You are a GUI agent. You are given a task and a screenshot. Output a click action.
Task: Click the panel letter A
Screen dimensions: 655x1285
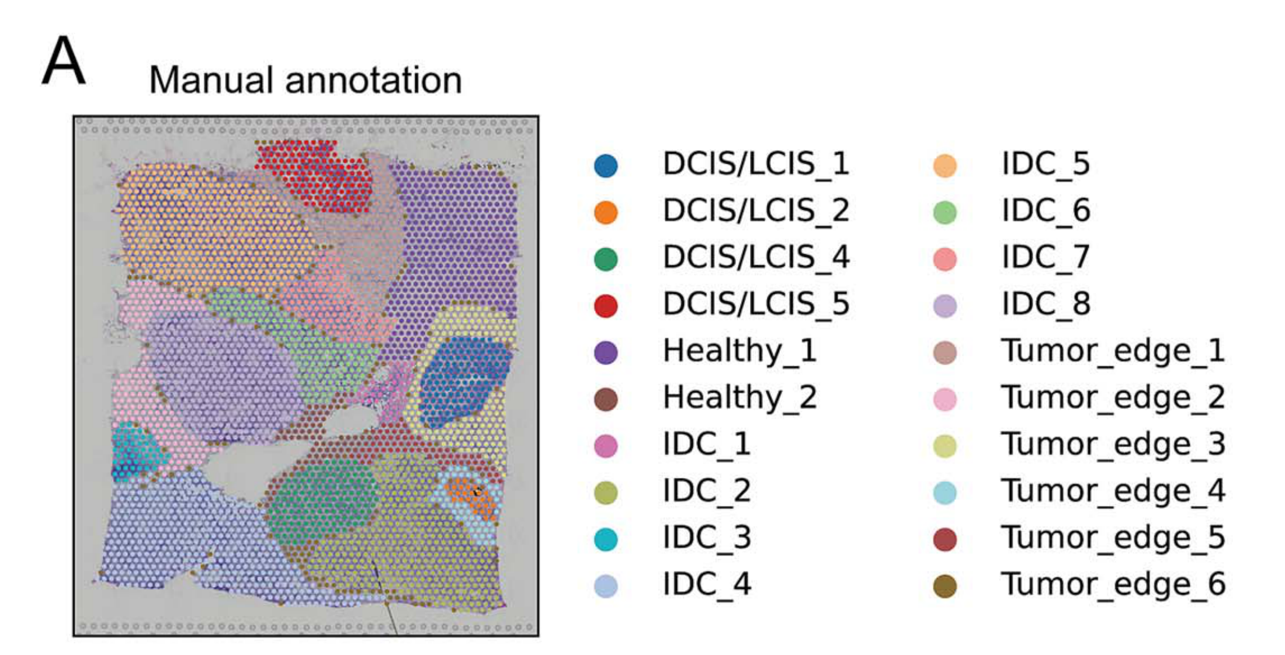(x=64, y=61)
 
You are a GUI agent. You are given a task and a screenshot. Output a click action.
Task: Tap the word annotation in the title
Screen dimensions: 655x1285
(x=373, y=80)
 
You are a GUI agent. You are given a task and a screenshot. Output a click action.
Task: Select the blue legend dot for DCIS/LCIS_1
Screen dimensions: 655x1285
(x=606, y=166)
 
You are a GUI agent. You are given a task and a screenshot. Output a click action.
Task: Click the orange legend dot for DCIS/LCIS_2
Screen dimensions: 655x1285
(x=606, y=213)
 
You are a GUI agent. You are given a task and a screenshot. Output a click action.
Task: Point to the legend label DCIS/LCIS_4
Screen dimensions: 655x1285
(x=756, y=257)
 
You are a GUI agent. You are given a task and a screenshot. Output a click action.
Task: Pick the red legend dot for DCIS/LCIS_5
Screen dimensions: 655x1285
(x=606, y=306)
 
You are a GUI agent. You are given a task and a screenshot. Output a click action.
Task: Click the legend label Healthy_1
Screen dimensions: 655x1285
(x=739, y=351)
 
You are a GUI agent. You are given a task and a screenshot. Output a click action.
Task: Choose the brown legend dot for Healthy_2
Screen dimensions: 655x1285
(x=606, y=400)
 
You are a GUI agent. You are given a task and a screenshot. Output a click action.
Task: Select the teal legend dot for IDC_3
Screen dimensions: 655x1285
(x=606, y=539)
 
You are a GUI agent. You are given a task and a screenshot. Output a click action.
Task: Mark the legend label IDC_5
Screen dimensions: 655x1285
(x=1046, y=164)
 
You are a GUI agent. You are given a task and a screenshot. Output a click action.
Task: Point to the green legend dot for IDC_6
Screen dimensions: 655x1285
(x=945, y=213)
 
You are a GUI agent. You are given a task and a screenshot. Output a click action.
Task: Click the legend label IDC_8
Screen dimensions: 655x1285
(x=1046, y=304)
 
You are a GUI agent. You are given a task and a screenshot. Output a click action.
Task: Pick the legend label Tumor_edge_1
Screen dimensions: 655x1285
(x=1113, y=351)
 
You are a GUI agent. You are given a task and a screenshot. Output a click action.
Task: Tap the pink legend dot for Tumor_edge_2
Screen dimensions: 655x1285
(x=945, y=400)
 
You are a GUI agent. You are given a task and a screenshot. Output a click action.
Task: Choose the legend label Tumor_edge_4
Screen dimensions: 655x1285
(x=1113, y=491)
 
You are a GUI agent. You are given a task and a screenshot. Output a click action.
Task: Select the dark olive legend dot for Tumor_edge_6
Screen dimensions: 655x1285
(x=945, y=586)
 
